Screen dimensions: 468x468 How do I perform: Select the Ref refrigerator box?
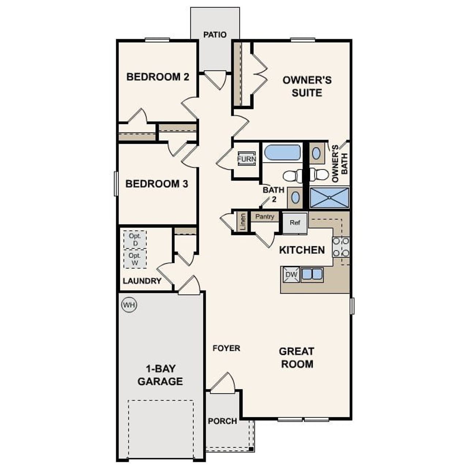point(295,223)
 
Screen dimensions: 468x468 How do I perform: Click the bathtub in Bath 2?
point(282,152)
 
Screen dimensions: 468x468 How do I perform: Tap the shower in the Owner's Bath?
point(329,198)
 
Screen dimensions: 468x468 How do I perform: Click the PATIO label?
point(215,35)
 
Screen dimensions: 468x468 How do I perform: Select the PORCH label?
point(222,421)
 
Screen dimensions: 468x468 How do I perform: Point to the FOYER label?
point(226,348)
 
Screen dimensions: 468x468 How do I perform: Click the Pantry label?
point(265,216)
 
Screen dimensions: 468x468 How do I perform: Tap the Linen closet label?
point(243,221)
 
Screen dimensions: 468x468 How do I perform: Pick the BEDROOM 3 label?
point(156,184)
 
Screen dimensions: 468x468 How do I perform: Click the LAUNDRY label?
point(142,281)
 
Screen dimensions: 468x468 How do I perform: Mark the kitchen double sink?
point(312,274)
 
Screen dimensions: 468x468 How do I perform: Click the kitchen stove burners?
point(340,247)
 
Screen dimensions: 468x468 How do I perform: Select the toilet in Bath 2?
point(292,176)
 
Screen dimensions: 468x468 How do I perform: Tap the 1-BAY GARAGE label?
point(160,375)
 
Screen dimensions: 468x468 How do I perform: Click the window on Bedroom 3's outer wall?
point(116,184)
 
